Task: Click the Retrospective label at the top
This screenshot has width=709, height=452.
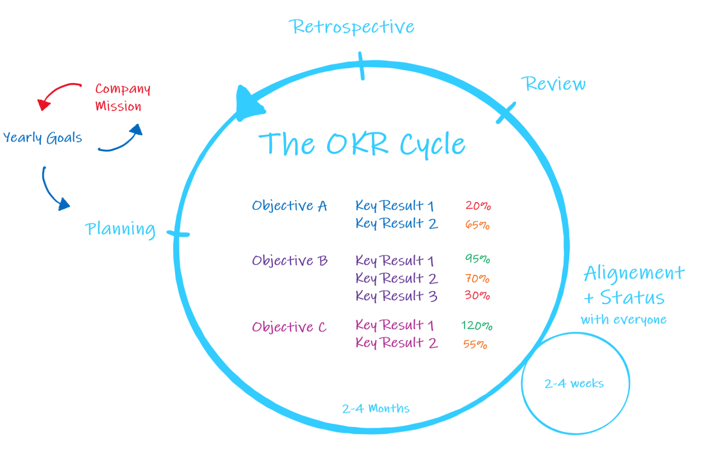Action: (x=352, y=27)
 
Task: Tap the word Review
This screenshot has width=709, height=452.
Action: (x=553, y=84)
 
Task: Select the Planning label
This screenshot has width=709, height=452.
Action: (x=120, y=229)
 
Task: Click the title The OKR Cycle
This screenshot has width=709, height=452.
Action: (x=361, y=144)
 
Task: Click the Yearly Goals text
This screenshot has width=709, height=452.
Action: (x=42, y=138)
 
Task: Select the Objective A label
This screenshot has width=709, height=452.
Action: (x=289, y=206)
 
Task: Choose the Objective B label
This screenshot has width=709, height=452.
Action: (x=289, y=261)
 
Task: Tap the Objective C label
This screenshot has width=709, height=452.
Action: (x=289, y=327)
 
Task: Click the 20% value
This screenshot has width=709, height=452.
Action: (x=478, y=205)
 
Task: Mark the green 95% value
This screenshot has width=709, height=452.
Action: (x=477, y=259)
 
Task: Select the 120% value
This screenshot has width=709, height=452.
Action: (x=476, y=325)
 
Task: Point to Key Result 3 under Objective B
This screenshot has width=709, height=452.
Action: (x=396, y=296)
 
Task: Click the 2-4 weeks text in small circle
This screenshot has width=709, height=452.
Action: (x=574, y=384)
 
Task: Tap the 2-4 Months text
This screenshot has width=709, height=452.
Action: (x=375, y=409)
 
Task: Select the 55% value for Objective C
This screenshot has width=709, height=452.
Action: (x=475, y=344)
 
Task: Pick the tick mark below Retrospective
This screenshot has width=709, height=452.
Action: (x=361, y=66)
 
